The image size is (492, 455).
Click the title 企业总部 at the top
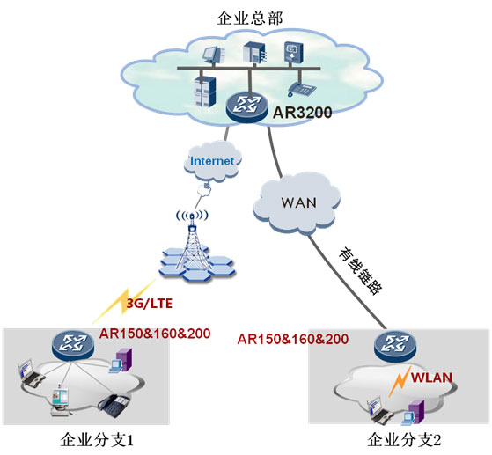pos(250,18)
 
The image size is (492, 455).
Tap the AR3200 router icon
pos(247,107)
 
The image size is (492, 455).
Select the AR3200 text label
pos(302,113)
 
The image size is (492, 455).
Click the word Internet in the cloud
pos(212,161)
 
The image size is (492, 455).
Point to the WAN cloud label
pos(298,202)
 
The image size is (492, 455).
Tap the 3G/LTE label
pos(150,304)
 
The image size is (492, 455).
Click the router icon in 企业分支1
pos(73,345)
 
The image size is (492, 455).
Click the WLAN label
pos(432,378)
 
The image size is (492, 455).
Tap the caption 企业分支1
pos(97,440)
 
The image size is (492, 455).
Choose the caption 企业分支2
pos(404,440)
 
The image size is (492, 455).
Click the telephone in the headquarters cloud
pos(301,89)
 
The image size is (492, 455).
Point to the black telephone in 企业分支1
pos(114,405)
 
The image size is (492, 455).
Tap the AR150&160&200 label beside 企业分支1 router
pos(155,334)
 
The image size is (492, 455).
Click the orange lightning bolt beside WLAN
pos(400,381)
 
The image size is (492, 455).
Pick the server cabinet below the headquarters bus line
pos(205,91)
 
